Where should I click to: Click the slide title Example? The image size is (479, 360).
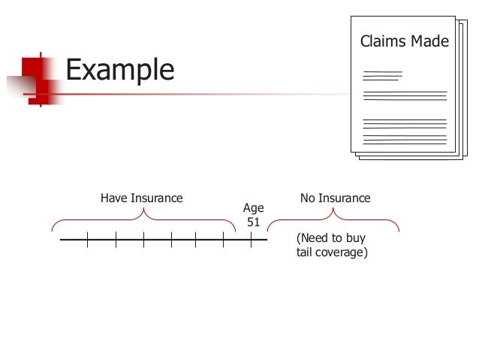click(x=119, y=70)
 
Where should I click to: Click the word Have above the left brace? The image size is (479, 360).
click(x=114, y=198)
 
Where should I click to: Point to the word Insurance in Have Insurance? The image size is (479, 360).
click(x=157, y=198)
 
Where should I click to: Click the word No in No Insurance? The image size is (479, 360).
click(x=308, y=198)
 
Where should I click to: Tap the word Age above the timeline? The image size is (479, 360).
click(x=254, y=207)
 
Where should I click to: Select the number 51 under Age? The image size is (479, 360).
click(x=254, y=222)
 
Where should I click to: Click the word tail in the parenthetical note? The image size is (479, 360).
click(x=306, y=253)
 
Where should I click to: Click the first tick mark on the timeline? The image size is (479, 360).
click(x=87, y=240)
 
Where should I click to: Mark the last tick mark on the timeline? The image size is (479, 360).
click(x=251, y=240)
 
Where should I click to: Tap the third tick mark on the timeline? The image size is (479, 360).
click(x=143, y=240)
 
